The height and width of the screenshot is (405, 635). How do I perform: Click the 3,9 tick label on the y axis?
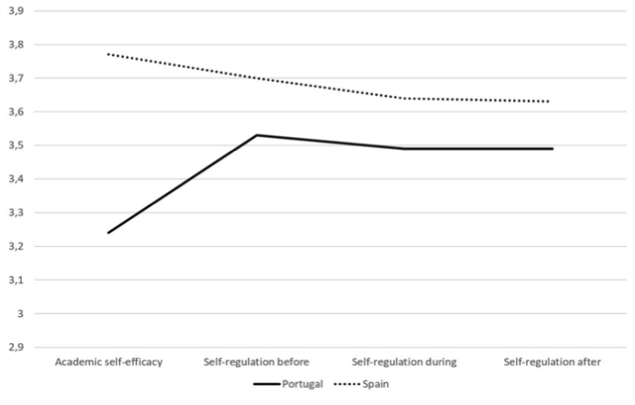click(16, 11)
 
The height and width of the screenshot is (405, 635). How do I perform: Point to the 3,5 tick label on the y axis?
click(16, 145)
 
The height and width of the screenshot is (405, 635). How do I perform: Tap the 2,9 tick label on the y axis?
click(16, 348)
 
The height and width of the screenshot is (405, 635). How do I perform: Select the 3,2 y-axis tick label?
click(16, 247)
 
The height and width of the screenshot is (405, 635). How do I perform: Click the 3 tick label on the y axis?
click(20, 314)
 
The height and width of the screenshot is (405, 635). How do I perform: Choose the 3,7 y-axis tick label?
click(16, 78)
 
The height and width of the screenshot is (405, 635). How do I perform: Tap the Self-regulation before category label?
click(255, 362)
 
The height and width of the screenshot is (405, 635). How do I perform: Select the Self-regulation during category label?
click(403, 362)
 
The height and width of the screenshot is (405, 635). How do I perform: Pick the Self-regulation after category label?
click(551, 362)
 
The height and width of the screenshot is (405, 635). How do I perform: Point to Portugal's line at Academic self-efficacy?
click(107, 232)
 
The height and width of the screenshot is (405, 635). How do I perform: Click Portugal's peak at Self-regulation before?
click(255, 135)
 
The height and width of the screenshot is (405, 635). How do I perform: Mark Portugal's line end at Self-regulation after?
click(551, 148)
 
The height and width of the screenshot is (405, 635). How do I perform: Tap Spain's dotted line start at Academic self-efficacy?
click(107, 54)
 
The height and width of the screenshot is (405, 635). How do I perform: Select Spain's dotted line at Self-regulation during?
click(403, 98)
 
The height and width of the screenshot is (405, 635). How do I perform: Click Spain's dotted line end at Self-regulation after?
click(551, 102)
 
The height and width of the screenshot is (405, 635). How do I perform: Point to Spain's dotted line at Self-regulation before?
click(255, 78)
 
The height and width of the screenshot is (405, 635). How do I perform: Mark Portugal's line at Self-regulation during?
click(403, 148)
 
